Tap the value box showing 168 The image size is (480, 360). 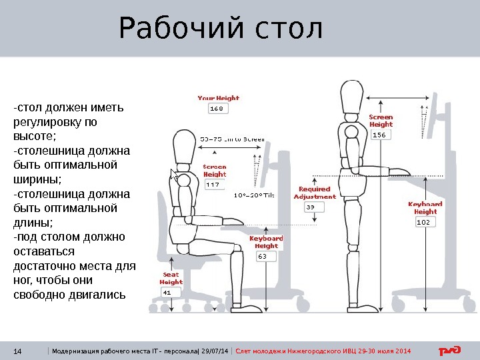point(217,108)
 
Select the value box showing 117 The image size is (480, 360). point(214,185)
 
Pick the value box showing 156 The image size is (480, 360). point(381,135)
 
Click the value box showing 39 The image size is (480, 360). point(312,207)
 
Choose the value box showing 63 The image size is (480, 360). point(265,255)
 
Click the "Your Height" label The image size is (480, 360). point(218,98)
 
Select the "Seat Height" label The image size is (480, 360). point(171,278)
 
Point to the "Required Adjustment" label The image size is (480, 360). point(314,193)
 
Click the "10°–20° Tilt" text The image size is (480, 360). point(254,195)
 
